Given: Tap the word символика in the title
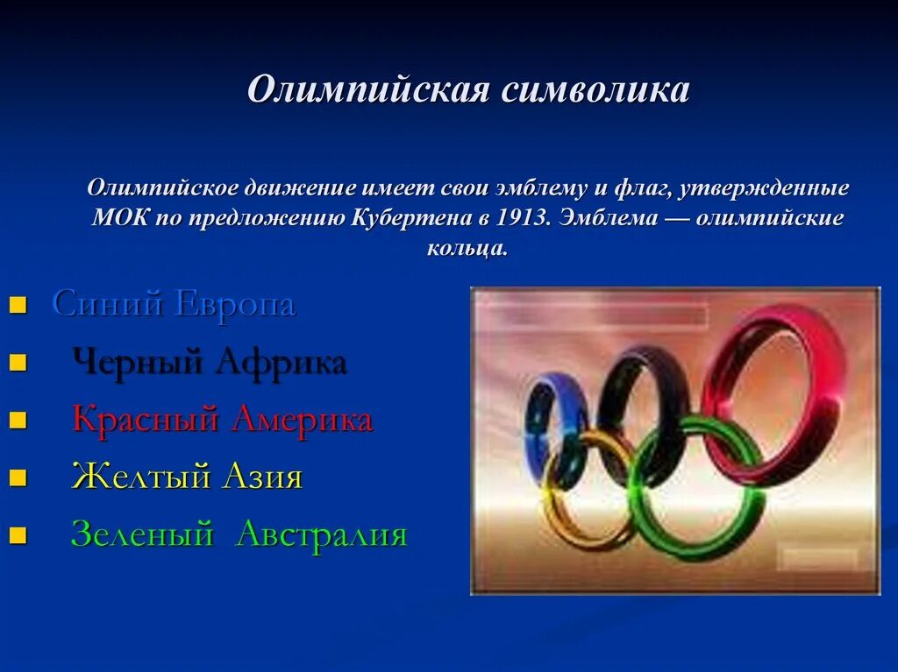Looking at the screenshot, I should [x=595, y=90].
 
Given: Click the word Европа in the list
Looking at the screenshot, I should [x=236, y=304].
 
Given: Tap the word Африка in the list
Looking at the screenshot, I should [x=280, y=362].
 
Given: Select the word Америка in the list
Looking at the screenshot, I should [x=302, y=420].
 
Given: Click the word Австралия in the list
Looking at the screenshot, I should [x=322, y=534].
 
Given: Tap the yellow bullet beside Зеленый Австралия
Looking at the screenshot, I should [x=17, y=535].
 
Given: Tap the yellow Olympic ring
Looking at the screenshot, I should [x=561, y=517].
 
